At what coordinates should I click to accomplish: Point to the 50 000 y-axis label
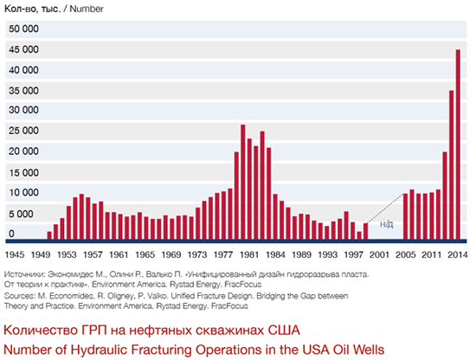point(23,29)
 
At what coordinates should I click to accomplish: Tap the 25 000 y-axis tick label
point(23,131)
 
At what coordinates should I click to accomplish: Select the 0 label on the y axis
point(12,234)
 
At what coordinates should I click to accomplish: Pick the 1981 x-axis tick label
point(249,255)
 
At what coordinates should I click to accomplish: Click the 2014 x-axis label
point(458,255)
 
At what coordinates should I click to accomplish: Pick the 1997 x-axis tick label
point(353,255)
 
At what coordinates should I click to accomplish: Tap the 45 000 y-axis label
point(23,70)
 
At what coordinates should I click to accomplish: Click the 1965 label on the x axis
point(145,255)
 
